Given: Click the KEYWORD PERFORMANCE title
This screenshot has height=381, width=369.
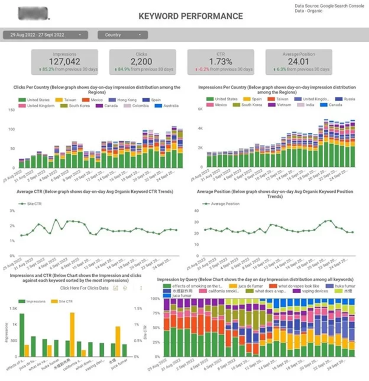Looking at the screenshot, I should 190,16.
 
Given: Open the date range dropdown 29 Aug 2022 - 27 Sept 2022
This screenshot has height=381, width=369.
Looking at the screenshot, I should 45,35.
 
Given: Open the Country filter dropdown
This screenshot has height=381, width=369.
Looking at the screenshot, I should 123,35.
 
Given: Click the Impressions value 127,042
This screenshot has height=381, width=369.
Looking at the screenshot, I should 64,62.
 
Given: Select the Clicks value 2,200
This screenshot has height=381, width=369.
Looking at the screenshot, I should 142,62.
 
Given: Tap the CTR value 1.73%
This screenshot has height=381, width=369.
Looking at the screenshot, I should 220,62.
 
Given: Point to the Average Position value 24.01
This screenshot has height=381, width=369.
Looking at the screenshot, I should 298,62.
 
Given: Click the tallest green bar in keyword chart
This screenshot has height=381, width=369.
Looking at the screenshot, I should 22,335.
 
